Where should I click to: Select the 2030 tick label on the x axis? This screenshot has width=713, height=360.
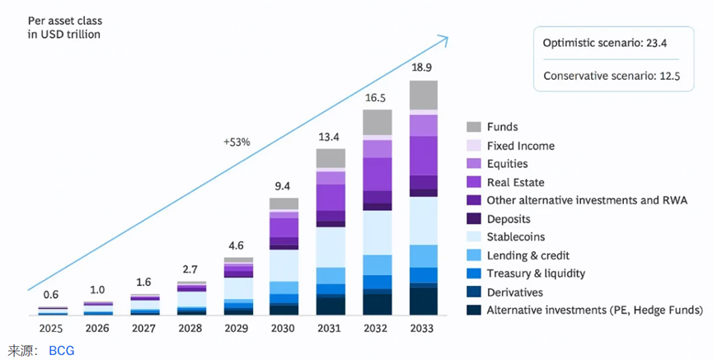[x=284, y=329]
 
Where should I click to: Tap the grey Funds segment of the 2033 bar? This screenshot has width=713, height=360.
[x=424, y=94]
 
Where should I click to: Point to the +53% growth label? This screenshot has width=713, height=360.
[x=237, y=142]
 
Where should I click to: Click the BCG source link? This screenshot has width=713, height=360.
[x=61, y=350]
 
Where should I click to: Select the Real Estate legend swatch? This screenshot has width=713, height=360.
[x=473, y=182]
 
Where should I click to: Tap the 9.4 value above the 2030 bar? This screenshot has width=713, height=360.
[x=284, y=185]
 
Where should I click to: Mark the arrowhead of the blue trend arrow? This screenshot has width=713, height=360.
[x=443, y=39]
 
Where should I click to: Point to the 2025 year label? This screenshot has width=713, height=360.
[x=51, y=329]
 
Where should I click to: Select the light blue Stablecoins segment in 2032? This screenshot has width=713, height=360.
[x=377, y=232]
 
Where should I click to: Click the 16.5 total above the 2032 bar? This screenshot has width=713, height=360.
[x=377, y=97]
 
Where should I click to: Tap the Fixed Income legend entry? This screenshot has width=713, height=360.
[x=520, y=146]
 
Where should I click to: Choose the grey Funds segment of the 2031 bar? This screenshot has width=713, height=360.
[x=331, y=159]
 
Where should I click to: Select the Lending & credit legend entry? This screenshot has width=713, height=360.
[x=528, y=255]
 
